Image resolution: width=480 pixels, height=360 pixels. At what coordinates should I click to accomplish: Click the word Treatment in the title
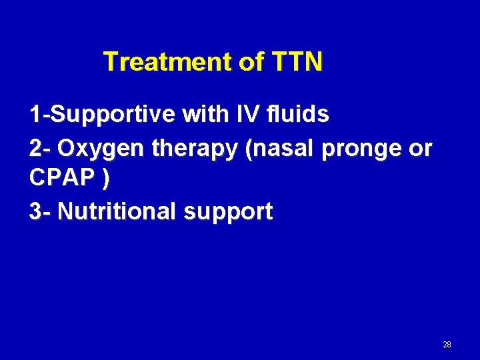point(168,62)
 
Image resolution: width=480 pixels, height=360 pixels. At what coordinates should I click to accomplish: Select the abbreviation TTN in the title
point(297,62)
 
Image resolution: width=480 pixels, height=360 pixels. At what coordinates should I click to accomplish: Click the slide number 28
point(447,345)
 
